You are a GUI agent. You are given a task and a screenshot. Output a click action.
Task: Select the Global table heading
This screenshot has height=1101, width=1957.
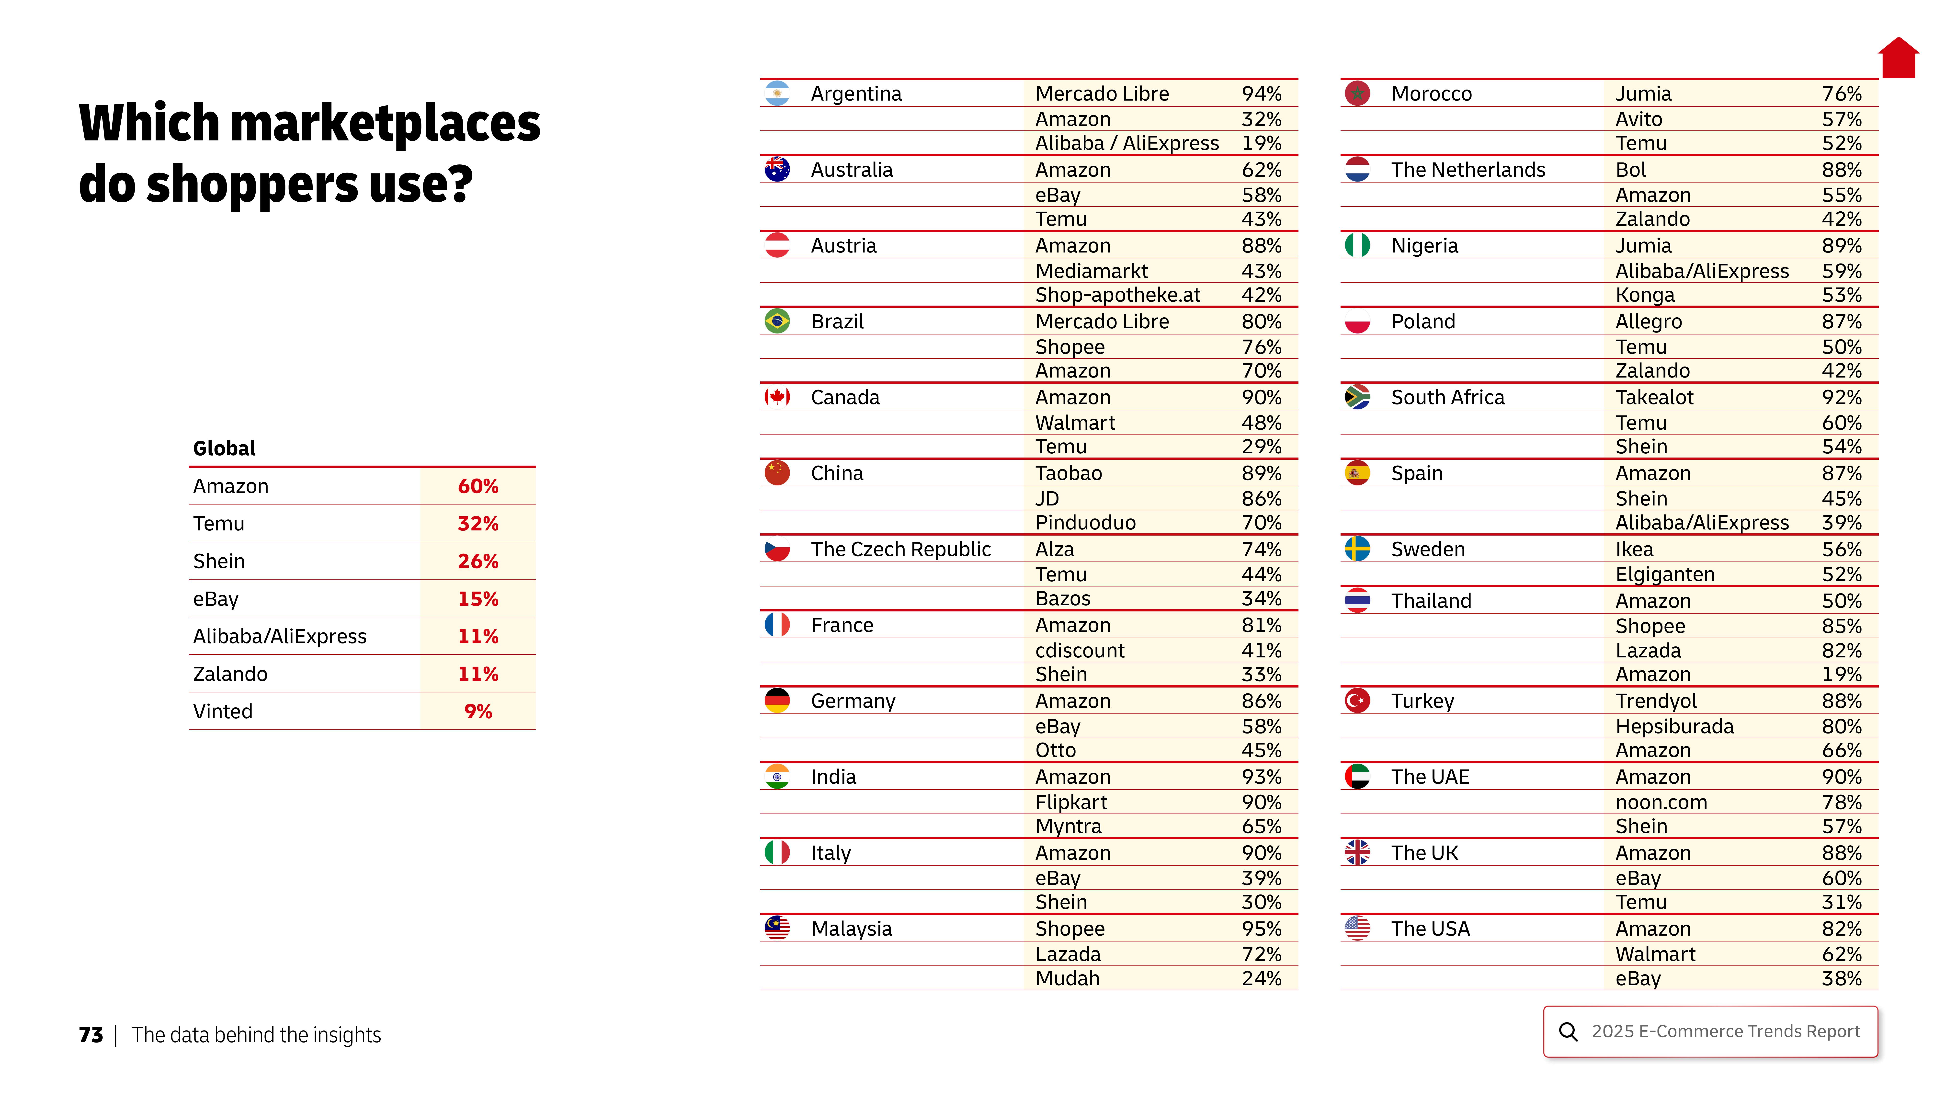tap(224, 448)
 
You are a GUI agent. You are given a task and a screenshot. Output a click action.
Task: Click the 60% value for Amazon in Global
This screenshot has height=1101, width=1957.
tap(478, 486)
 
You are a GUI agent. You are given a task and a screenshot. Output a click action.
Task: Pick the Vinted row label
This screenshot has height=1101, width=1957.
tap(223, 711)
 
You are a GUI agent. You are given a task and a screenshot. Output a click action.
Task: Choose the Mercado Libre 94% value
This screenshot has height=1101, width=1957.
tap(1261, 93)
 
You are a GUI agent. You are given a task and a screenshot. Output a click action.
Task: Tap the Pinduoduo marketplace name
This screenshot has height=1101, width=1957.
tap(1085, 523)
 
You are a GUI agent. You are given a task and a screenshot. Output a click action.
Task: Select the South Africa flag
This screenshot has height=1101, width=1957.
tap(1357, 397)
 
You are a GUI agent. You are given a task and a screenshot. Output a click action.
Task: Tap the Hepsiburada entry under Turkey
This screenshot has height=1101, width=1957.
tap(1674, 726)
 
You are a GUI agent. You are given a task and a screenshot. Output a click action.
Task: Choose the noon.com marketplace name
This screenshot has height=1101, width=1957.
tap(1661, 803)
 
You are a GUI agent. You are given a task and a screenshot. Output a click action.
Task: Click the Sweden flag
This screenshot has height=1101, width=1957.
tap(1357, 549)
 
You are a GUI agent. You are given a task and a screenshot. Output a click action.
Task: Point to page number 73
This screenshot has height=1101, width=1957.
tap(91, 1035)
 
